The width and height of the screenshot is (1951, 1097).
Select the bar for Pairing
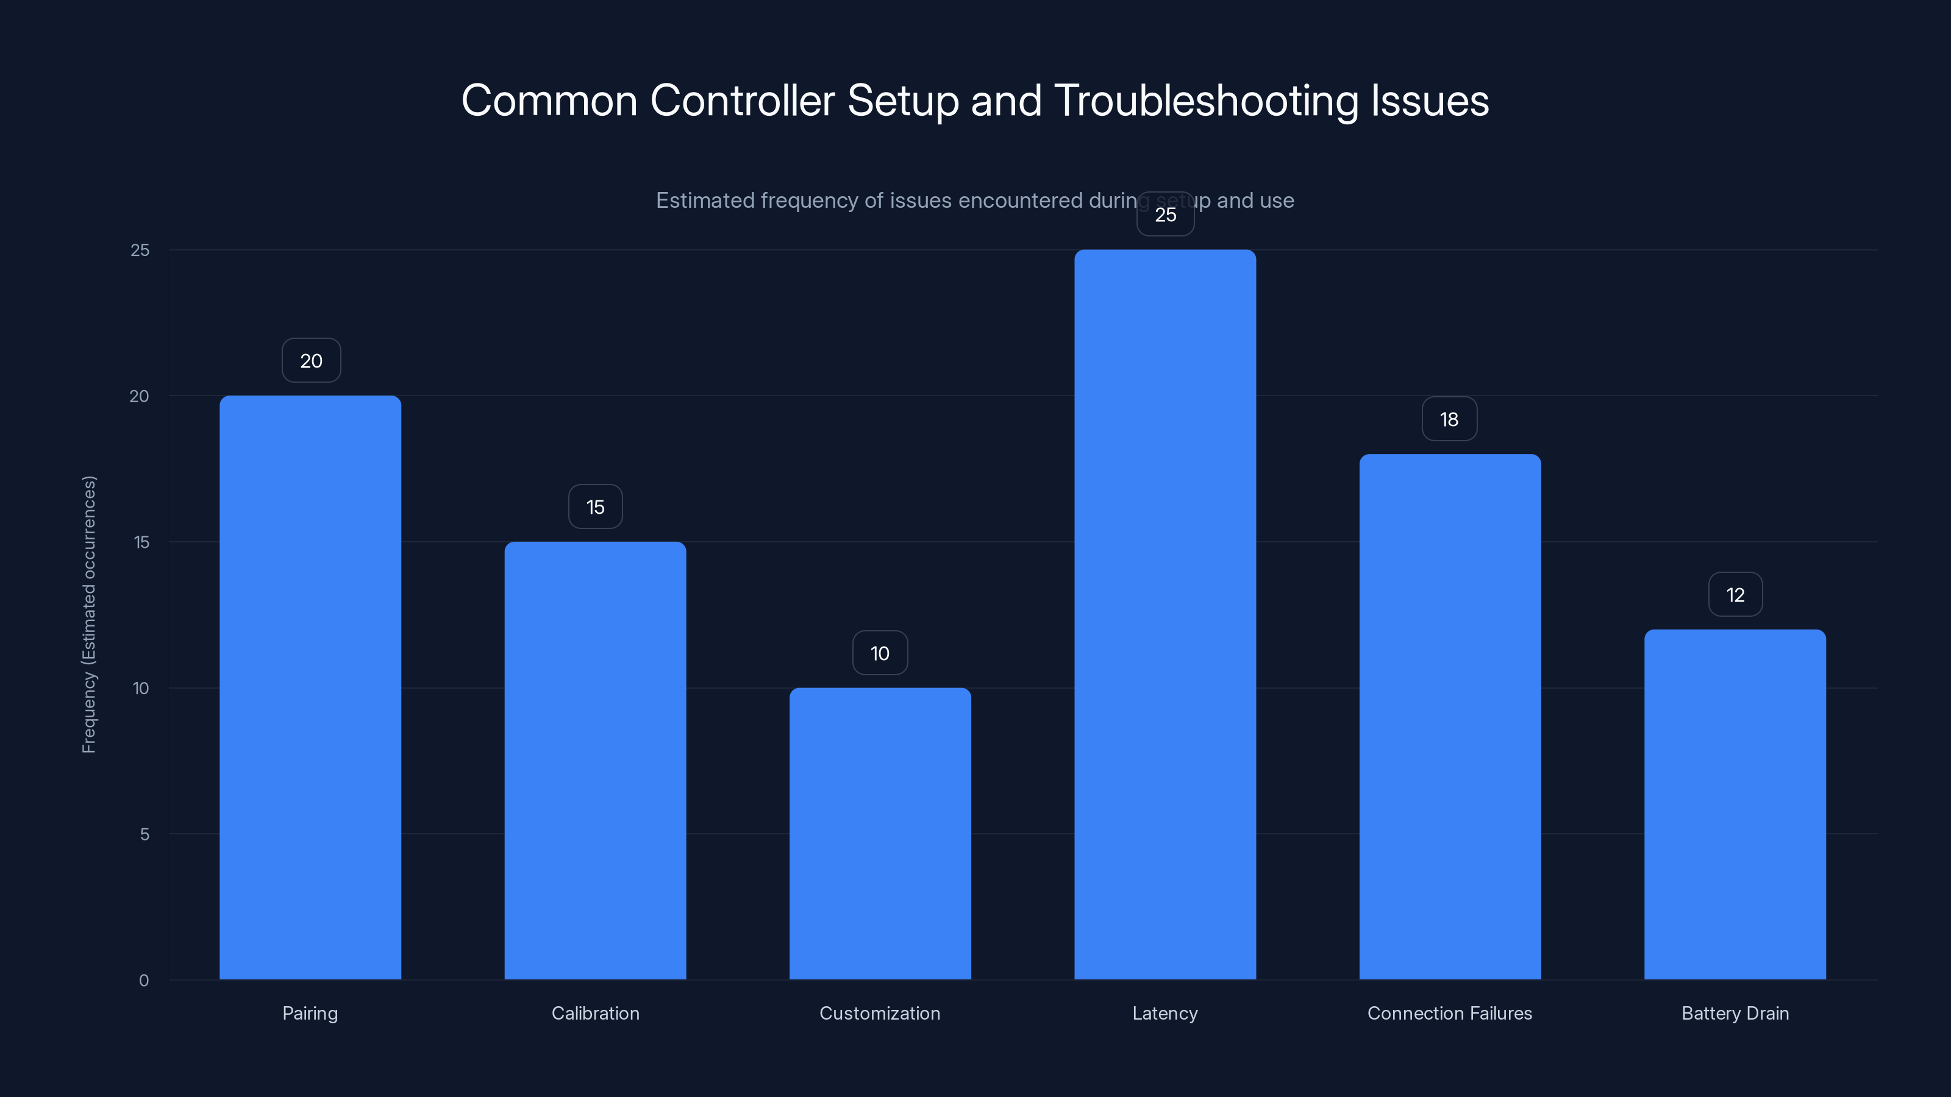pyautogui.click(x=310, y=687)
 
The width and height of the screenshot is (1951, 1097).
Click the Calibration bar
pyautogui.click(x=595, y=760)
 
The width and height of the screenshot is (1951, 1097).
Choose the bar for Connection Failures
pyautogui.click(x=1450, y=716)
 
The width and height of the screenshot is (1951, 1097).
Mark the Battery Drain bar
pyautogui.click(x=1735, y=804)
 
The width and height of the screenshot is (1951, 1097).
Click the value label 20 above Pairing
pyautogui.click(x=312, y=360)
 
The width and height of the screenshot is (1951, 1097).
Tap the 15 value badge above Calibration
pyautogui.click(x=595, y=506)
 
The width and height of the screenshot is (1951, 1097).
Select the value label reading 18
pyautogui.click(x=1449, y=419)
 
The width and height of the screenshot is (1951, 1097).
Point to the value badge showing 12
pyautogui.click(x=1735, y=594)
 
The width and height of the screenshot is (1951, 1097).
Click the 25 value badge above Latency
pyautogui.click(x=1165, y=215)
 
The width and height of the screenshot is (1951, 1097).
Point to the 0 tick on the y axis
pyautogui.click(x=144, y=981)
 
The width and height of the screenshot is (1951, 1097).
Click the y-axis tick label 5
pyautogui.click(x=144, y=834)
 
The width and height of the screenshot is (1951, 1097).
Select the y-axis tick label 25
pyautogui.click(x=140, y=250)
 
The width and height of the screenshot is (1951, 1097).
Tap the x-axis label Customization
pyautogui.click(x=880, y=1013)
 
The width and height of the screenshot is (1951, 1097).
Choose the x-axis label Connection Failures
pyautogui.click(x=1450, y=1013)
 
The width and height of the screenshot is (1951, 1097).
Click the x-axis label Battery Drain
pyautogui.click(x=1735, y=1013)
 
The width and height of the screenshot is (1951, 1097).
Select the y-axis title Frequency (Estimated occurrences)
pyautogui.click(x=90, y=614)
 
